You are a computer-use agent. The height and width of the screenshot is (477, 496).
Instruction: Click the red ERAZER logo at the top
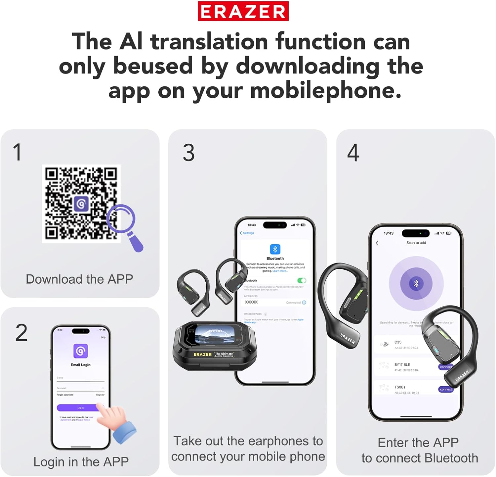pos(243,11)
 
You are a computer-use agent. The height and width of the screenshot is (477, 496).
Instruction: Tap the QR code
pos(81,203)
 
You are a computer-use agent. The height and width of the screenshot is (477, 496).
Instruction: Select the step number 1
pos(18,152)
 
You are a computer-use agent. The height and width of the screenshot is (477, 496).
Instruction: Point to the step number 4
pos(353,153)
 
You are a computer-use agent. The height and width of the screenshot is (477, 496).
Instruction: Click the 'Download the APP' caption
pos(79,279)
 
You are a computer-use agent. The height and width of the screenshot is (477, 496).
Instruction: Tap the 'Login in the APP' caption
pos(81,462)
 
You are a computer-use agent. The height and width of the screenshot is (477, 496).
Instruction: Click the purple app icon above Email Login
pos(81,351)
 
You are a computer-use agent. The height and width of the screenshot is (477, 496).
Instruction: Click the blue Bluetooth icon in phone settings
pos(275,249)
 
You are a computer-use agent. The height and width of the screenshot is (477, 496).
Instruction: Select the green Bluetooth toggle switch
pos(302,280)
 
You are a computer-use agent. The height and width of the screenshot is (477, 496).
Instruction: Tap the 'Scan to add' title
pos(416,243)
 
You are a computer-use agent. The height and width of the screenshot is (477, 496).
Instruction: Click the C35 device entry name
pos(398,342)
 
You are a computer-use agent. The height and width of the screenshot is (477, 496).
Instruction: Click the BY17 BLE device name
pos(402,364)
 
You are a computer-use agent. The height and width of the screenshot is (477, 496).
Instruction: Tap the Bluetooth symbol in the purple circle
pos(416,283)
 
